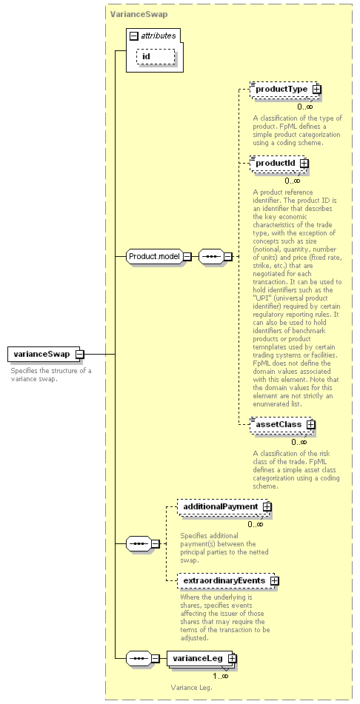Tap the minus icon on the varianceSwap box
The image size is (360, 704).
click(x=79, y=355)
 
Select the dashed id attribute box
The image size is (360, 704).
click(x=155, y=56)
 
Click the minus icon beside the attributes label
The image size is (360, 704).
click(x=133, y=36)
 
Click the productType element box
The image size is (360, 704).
click(x=285, y=90)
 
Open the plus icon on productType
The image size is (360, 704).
click(x=317, y=90)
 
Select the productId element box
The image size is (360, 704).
click(x=279, y=164)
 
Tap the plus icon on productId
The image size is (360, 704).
click(x=304, y=164)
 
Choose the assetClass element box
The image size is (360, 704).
click(x=282, y=424)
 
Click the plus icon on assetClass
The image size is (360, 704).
click(x=310, y=424)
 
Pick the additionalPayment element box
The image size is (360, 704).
click(x=224, y=506)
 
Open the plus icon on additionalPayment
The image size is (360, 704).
click(x=267, y=506)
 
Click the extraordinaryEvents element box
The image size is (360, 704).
click(x=228, y=580)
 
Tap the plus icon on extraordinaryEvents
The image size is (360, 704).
click(x=275, y=580)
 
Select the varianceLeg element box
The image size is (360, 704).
click(x=201, y=659)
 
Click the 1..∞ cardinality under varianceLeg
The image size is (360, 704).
click(x=220, y=676)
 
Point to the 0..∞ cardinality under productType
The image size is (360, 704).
click(x=305, y=107)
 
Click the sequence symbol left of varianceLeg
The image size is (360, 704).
click(x=139, y=659)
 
